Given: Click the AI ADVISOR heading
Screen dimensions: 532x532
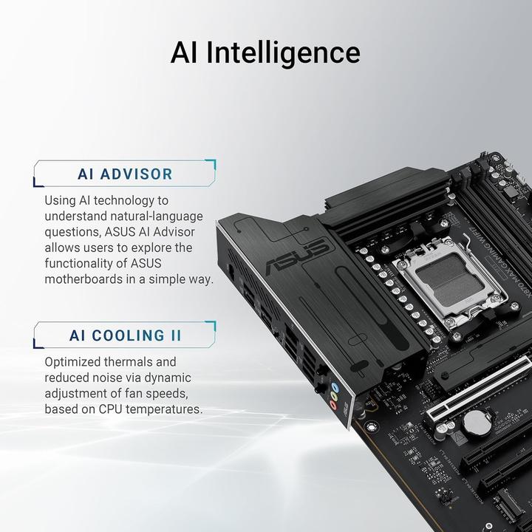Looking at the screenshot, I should point(125,174).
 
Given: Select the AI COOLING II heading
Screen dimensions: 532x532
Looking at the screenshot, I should point(125,335).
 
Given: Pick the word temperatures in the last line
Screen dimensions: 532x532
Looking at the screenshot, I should point(163,409).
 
